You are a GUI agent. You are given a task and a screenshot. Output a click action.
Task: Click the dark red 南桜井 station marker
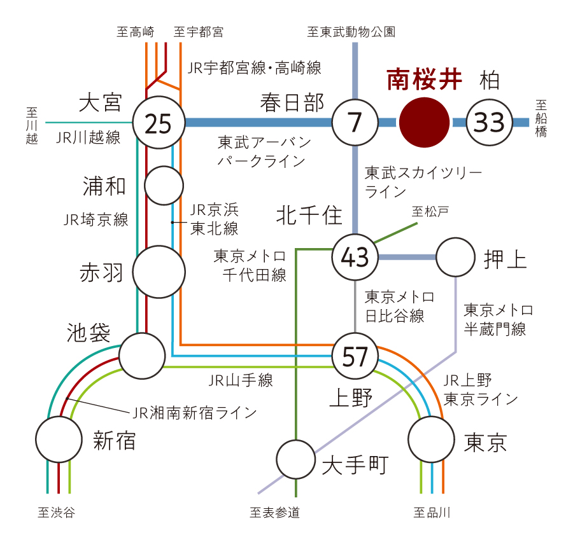pos(424,122)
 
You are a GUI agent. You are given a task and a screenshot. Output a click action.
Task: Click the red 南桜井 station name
pos(424,80)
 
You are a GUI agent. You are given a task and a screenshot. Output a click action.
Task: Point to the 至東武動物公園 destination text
pos(351,32)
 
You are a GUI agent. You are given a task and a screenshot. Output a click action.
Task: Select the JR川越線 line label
pos(88,137)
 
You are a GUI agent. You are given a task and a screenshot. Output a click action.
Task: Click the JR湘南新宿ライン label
pos(194,413)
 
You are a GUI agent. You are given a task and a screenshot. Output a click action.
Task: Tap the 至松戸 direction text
pos(430,211)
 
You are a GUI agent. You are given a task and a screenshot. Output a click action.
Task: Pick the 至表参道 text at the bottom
pos(275,513)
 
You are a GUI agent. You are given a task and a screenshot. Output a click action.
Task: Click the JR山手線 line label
pos(241,380)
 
